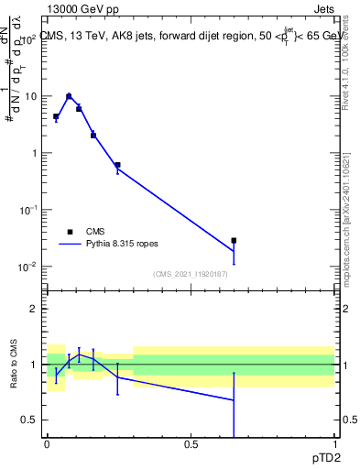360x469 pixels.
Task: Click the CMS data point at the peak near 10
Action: coord(69,96)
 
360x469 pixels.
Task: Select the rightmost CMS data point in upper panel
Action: coord(234,241)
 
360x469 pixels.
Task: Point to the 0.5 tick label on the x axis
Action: coord(191,444)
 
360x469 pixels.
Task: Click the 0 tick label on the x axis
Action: coord(47,444)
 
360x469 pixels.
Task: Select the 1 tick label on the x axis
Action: coord(334,444)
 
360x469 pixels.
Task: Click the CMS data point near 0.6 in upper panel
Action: coord(117,165)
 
